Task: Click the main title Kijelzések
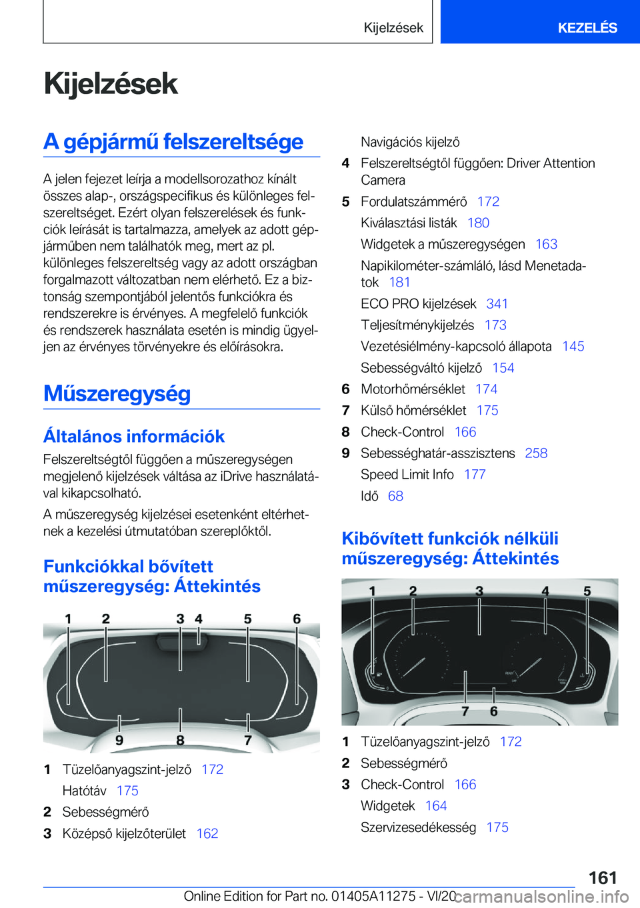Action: click(111, 84)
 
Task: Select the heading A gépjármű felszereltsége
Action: click(173, 142)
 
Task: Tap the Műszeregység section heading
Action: click(117, 393)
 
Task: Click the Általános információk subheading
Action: click(134, 437)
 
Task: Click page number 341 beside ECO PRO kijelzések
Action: click(497, 304)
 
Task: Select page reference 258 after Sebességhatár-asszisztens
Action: click(536, 453)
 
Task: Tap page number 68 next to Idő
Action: click(395, 496)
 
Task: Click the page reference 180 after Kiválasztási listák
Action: click(478, 223)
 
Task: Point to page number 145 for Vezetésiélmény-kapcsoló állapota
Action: click(573, 347)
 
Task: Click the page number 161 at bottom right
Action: click(603, 877)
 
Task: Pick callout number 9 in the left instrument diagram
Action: click(119, 740)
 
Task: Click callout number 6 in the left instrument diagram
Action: click(297, 619)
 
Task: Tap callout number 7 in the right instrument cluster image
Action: click(465, 711)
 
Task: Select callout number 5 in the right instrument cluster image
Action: click(587, 591)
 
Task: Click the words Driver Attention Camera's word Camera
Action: click(383, 181)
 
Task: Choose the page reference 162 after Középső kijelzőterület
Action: click(207, 833)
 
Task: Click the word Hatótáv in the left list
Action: click(84, 791)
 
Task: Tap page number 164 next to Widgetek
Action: click(436, 806)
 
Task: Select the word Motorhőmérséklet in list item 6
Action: click(413, 389)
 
